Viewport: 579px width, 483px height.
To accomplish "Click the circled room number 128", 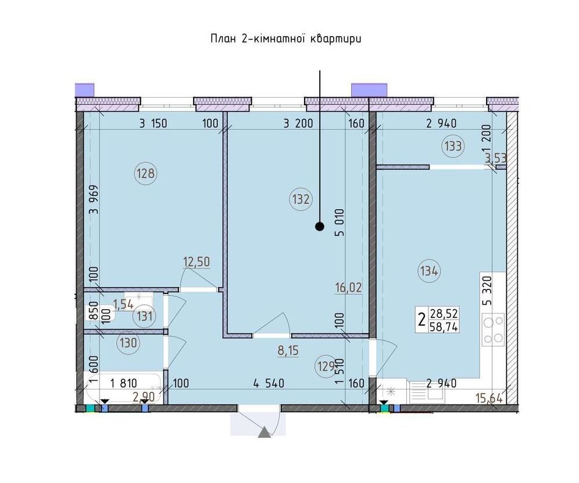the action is (146, 173).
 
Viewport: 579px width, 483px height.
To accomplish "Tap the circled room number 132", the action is (301, 199).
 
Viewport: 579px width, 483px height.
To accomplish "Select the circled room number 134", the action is (429, 271).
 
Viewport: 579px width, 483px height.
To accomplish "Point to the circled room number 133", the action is (453, 146).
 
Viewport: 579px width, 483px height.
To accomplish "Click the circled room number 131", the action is (144, 316).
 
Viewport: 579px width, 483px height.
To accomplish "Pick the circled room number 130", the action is (128, 343).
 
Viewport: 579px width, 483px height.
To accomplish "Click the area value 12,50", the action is (196, 262).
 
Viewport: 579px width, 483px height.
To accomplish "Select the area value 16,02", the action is (349, 287).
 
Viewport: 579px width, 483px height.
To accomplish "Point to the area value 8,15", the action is (288, 350).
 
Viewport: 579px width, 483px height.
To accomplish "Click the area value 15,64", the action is (489, 399).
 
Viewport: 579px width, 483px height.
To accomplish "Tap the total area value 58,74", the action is (444, 327).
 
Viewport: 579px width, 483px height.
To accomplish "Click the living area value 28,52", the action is (444, 314).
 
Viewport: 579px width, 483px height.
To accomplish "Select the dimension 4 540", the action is (269, 383).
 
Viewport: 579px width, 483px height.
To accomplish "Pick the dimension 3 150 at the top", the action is (153, 123).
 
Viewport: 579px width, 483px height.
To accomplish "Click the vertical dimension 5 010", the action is (339, 223).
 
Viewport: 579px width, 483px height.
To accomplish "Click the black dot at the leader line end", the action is (320, 227).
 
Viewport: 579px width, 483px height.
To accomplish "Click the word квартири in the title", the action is (335, 39).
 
